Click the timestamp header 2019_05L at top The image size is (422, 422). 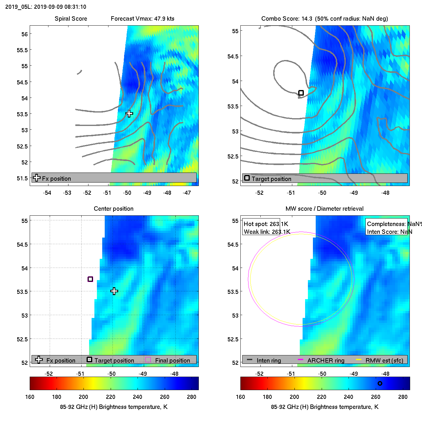(46, 7)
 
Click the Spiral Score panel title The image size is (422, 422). (71, 18)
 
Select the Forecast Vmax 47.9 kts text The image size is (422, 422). (143, 18)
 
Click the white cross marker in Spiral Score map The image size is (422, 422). (129, 114)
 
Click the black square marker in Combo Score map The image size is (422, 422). (301, 93)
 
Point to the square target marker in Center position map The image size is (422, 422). (90, 279)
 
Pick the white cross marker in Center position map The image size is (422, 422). (114, 291)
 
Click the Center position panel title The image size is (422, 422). (113, 208)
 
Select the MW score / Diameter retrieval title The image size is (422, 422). (324, 208)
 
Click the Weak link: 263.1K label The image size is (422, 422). (267, 232)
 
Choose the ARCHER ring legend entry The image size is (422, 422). (325, 360)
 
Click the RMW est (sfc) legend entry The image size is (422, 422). (384, 360)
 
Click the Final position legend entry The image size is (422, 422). (172, 360)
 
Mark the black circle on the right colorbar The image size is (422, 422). (380, 383)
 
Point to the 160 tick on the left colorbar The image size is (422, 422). (30, 397)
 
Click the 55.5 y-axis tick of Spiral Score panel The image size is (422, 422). (22, 50)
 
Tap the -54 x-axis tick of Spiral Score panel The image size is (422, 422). (47, 193)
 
